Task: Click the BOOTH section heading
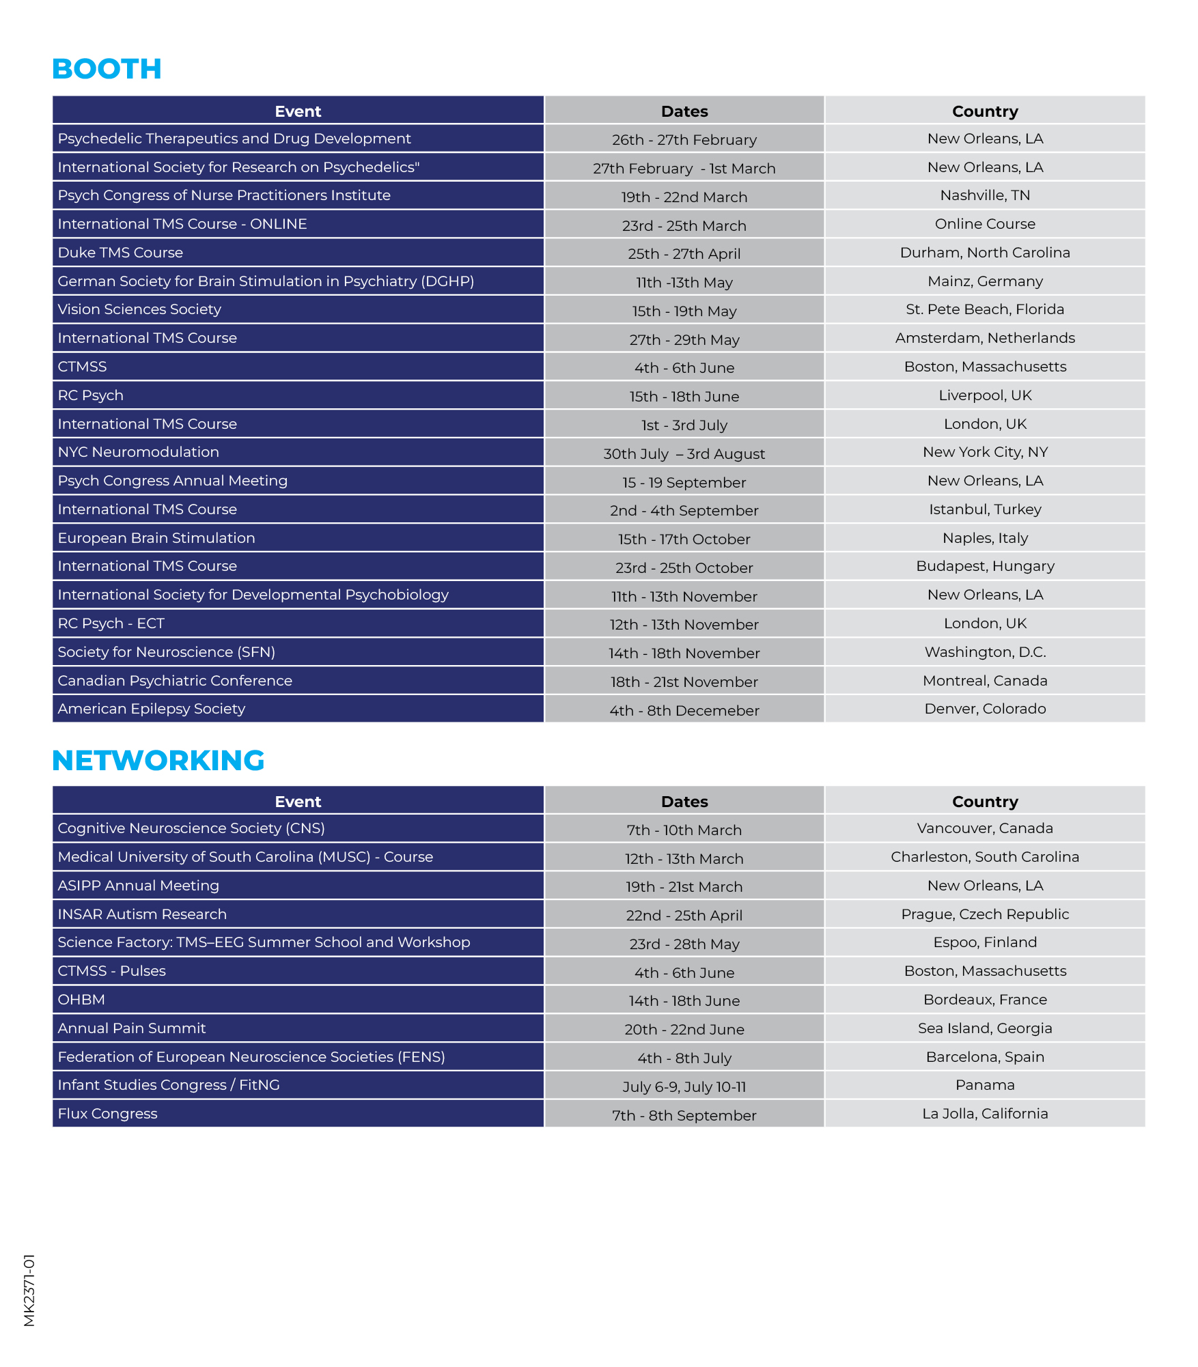point(107,69)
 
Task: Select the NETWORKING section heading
point(158,761)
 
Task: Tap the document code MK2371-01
point(29,1290)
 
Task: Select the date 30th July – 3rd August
point(684,454)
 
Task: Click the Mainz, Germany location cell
point(984,281)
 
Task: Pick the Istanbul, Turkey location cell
point(984,509)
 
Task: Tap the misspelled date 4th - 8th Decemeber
point(684,711)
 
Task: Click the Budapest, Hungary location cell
point(984,566)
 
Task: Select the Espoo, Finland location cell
point(984,942)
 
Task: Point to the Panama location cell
point(984,1085)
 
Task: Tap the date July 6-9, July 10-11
point(684,1087)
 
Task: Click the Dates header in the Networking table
point(684,802)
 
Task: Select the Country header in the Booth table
point(984,111)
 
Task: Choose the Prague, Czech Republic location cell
point(984,914)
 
